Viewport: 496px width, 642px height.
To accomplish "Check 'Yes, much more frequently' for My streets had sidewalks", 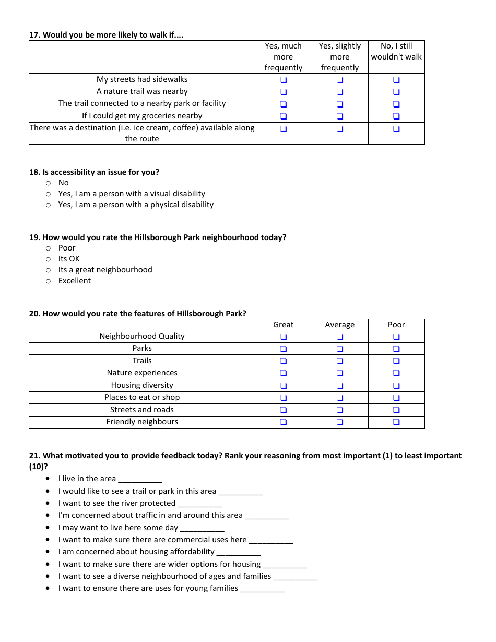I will coord(283,80).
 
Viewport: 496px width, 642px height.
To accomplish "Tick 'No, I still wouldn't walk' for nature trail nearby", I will coord(396,92).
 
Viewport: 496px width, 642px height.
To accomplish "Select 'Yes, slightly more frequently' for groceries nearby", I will coord(340,116).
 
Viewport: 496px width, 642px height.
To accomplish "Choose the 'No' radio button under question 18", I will coord(49,183).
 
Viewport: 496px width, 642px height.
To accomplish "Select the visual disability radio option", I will coord(49,194).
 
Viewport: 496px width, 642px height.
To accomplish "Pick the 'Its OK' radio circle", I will coord(49,259).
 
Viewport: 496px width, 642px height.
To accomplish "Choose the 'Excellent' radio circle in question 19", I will coord(49,281).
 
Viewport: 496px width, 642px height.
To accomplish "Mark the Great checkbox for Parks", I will coord(283,349).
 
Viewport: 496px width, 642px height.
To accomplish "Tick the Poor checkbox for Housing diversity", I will coord(396,386).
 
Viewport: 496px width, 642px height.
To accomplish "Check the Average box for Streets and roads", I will coord(340,410).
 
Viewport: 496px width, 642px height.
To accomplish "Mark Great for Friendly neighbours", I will coord(283,422).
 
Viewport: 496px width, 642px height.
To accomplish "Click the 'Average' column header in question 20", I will coord(340,325).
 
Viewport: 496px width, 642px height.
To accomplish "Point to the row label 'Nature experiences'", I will coord(142,373).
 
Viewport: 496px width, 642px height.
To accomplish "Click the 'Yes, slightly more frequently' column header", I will coord(340,57).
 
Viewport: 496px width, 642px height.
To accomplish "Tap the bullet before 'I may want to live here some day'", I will coord(48,528).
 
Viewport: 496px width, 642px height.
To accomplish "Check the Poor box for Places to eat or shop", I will coord(396,398).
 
